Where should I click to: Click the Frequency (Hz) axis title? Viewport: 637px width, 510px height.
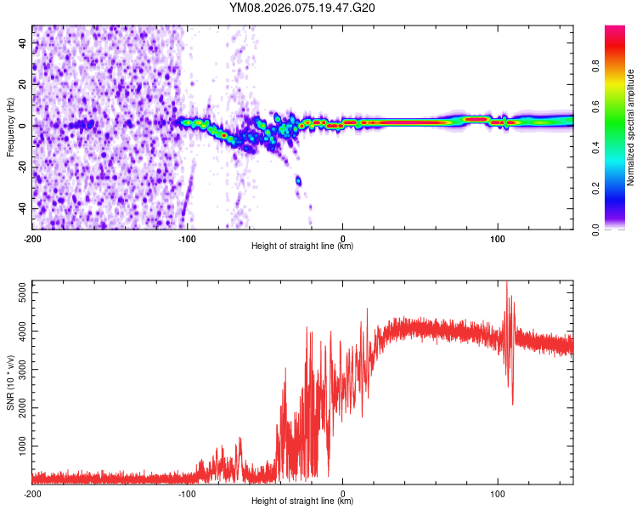coord(10,127)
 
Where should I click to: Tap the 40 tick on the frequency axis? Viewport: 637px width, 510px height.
coord(23,42)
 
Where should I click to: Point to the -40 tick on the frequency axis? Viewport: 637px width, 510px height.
coord(21,208)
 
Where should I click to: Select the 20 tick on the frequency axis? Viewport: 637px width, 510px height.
coord(23,84)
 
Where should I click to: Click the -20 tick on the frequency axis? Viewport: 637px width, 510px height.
coord(21,167)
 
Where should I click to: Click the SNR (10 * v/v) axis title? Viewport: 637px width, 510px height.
coord(10,382)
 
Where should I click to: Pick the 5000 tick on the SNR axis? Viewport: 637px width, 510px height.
coord(19,292)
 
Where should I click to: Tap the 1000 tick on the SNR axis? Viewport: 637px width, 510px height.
coord(19,445)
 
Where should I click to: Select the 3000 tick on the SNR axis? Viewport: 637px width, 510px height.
coord(19,369)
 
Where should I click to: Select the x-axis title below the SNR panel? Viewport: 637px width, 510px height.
coord(302,501)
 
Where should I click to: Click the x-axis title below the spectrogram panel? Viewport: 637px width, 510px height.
coord(302,246)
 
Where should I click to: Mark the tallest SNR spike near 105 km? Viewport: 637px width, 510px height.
coord(506,283)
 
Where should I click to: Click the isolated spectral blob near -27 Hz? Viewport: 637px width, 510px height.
coord(298,180)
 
